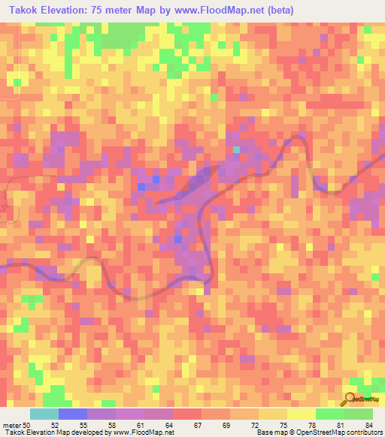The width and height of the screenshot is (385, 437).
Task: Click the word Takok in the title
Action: click(x=27, y=11)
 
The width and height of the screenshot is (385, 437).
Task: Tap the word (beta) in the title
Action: click(x=278, y=11)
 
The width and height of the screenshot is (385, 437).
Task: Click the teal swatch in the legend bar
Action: click(x=44, y=414)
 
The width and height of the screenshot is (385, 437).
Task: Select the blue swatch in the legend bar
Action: click(x=73, y=414)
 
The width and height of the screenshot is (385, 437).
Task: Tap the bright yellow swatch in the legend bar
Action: click(x=302, y=414)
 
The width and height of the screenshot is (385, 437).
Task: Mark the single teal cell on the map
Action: click(x=236, y=149)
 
